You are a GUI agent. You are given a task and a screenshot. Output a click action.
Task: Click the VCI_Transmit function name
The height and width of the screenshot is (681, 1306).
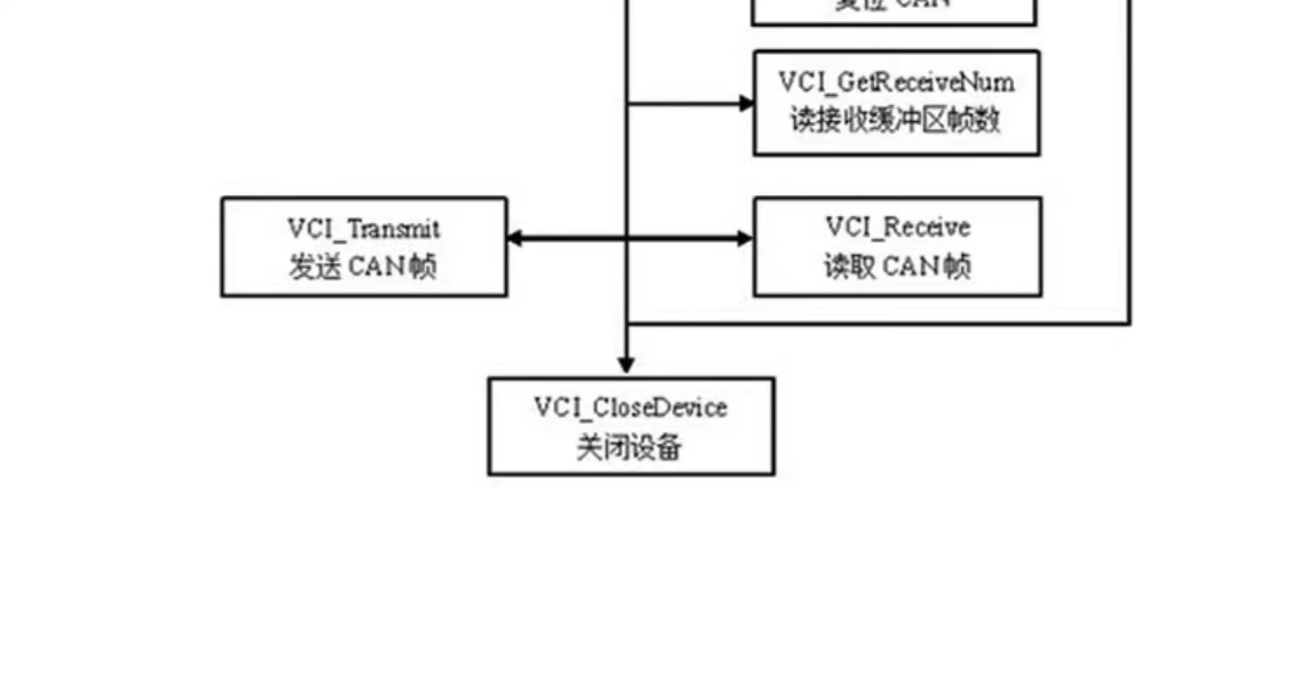tap(364, 229)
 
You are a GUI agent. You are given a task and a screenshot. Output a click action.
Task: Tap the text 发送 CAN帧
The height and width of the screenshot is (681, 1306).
tap(363, 267)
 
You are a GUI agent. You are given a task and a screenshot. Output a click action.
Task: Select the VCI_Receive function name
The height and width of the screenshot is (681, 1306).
tap(898, 227)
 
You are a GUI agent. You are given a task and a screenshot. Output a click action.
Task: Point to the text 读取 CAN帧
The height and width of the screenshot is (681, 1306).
tap(897, 266)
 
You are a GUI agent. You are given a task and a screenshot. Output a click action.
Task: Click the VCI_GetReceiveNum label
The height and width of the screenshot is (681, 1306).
tap(896, 83)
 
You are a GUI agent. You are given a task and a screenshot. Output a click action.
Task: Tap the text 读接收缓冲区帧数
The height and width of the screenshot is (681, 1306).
tap(896, 120)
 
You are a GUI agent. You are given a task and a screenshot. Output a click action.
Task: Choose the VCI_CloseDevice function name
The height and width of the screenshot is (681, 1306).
tap(630, 408)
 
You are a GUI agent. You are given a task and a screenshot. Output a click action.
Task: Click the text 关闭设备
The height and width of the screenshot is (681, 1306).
tap(629, 448)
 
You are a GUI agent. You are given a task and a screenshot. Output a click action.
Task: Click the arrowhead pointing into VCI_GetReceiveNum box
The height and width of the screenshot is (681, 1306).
tap(746, 104)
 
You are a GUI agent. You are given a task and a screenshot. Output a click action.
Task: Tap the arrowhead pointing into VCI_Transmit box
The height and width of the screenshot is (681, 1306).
tap(515, 238)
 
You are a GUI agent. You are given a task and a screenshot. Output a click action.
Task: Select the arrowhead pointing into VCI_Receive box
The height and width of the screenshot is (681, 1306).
tap(745, 238)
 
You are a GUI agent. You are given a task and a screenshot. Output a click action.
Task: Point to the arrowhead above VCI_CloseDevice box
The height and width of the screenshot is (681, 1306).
tap(625, 365)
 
